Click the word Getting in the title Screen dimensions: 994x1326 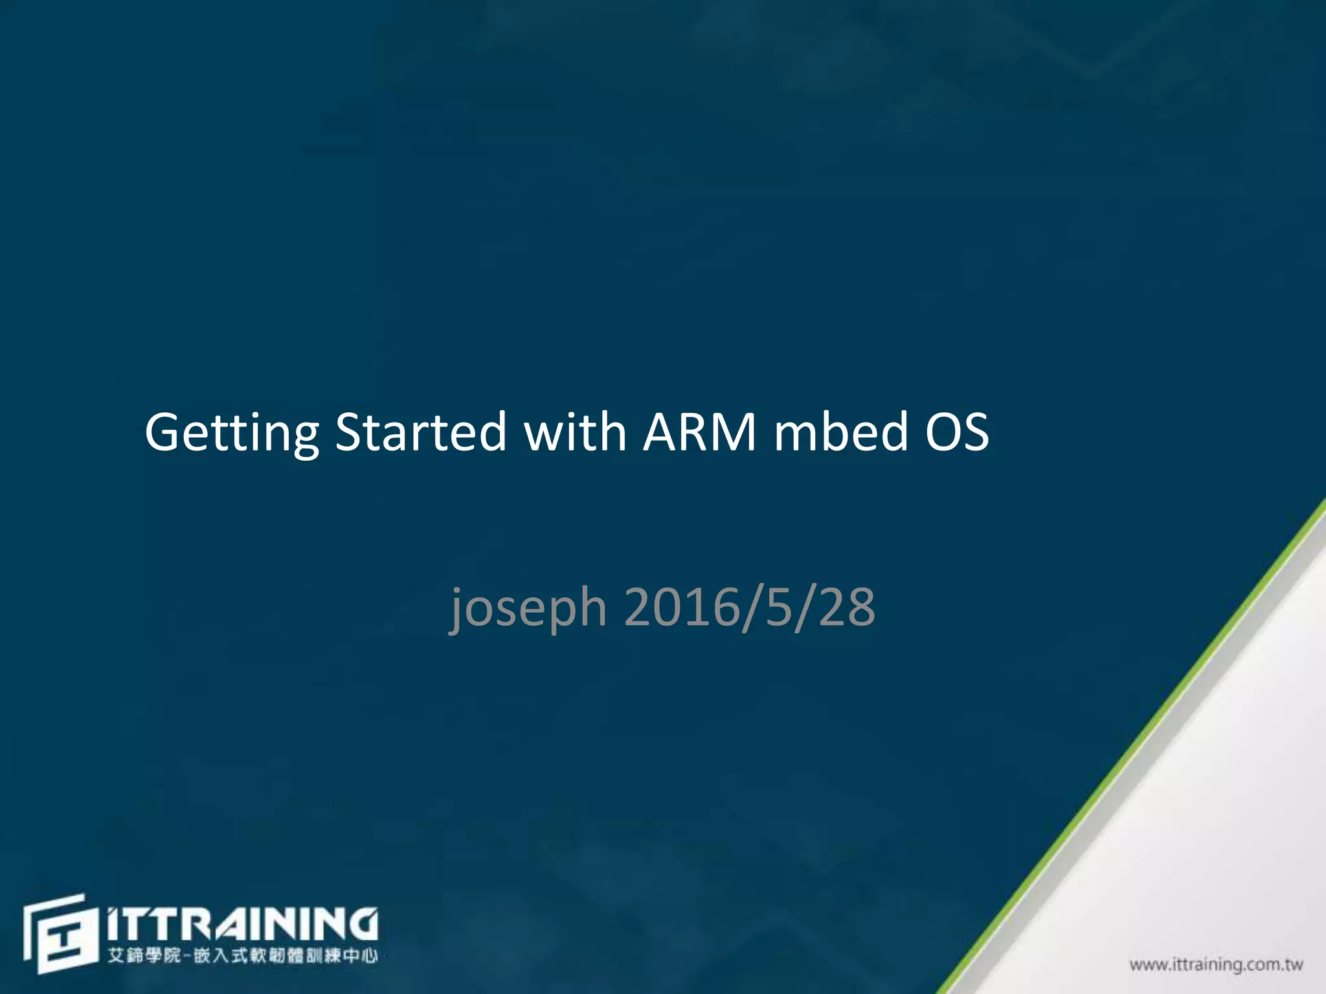[x=231, y=432]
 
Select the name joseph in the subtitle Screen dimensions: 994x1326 [x=528, y=608]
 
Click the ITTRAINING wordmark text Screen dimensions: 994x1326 [x=242, y=923]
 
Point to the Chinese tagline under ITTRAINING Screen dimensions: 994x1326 [x=242, y=955]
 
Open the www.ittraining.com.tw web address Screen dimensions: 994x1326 [x=1216, y=965]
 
